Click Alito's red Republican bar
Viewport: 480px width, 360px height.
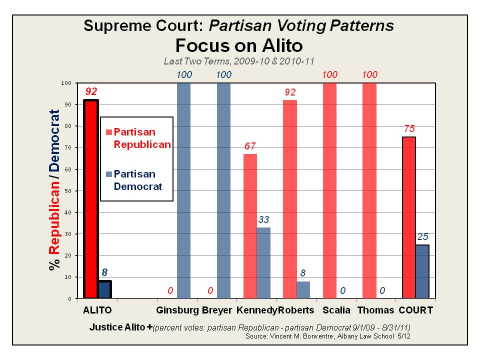[x=91, y=200]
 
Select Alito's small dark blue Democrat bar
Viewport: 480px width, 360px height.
[x=104, y=289]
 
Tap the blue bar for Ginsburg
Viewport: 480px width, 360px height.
[x=184, y=190]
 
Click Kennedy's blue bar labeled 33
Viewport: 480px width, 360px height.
[x=263, y=263]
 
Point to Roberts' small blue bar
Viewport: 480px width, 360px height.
[x=303, y=290]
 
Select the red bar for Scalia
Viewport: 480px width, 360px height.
[x=330, y=190]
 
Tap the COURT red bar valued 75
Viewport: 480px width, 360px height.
[x=408, y=217]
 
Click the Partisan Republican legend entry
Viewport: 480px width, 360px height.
[x=137, y=138]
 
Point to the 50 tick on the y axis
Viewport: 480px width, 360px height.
[x=68, y=191]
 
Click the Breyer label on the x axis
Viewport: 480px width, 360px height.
[x=217, y=310]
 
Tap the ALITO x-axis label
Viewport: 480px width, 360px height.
[x=97, y=310]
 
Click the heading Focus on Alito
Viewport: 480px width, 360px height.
[x=239, y=45]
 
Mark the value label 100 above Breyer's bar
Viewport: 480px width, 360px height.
[x=224, y=74]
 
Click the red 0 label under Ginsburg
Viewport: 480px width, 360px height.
[x=170, y=290]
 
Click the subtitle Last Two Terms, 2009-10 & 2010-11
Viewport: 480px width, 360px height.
[x=239, y=61]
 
